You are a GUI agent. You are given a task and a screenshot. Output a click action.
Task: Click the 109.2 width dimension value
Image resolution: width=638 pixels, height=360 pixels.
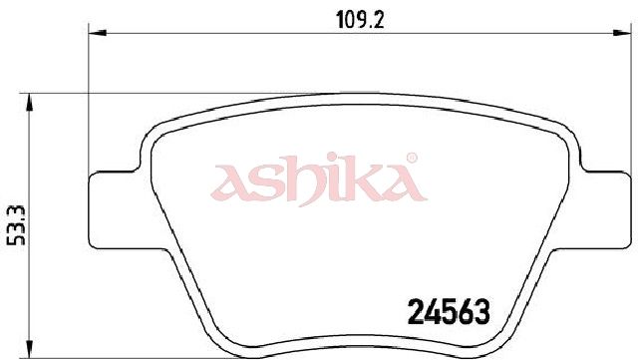pos(360,19)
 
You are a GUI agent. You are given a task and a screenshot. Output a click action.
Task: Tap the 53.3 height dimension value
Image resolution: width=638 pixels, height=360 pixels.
pos(17,225)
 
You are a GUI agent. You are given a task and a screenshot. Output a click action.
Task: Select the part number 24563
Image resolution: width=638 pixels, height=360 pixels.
pos(449,312)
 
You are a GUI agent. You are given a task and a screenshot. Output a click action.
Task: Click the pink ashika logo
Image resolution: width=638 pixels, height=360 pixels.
pos(319,180)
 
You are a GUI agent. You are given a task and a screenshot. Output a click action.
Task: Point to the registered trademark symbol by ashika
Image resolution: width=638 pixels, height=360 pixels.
pos(412,158)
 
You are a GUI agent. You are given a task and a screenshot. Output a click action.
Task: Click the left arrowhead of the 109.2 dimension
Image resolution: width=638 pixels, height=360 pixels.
pos(98,33)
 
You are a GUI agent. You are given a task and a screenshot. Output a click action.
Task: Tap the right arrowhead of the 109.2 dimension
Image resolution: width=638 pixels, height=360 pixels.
pos(622,33)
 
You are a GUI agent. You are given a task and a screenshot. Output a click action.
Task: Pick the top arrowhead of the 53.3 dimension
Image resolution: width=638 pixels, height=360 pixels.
pos(29,103)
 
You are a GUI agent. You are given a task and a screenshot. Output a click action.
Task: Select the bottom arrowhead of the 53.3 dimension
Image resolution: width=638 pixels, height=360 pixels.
pos(29,349)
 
